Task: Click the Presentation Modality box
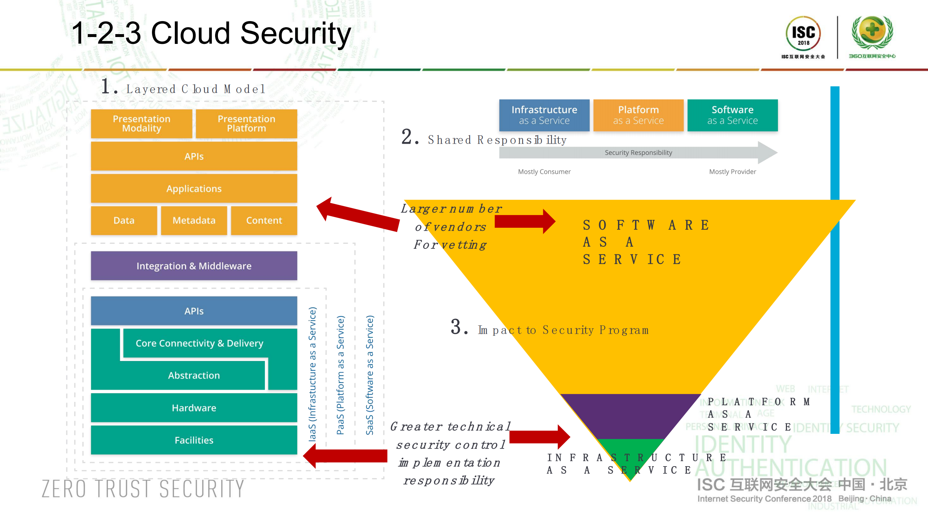[x=141, y=124]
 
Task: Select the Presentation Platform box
[x=246, y=124]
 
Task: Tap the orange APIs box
[x=194, y=156]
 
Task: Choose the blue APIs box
[x=194, y=311]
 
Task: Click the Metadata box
[x=194, y=221]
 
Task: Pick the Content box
[x=264, y=221]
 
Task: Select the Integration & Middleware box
[x=194, y=266]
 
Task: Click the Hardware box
[x=194, y=408]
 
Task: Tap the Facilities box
[x=194, y=440]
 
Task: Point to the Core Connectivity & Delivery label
[x=199, y=343]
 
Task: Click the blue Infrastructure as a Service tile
[x=544, y=115]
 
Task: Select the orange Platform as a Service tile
[x=638, y=115]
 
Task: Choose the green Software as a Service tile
[x=733, y=115]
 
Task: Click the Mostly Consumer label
[x=544, y=172]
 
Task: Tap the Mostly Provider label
[x=733, y=172]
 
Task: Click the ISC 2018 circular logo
[x=803, y=34]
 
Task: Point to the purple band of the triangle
[x=630, y=415]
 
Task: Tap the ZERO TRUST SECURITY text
[x=143, y=489]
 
